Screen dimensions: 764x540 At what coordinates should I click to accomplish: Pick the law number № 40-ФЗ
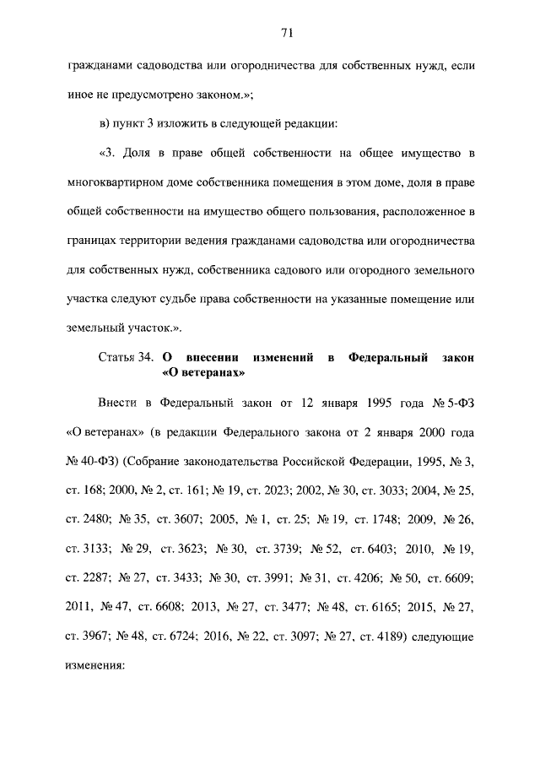90,463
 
